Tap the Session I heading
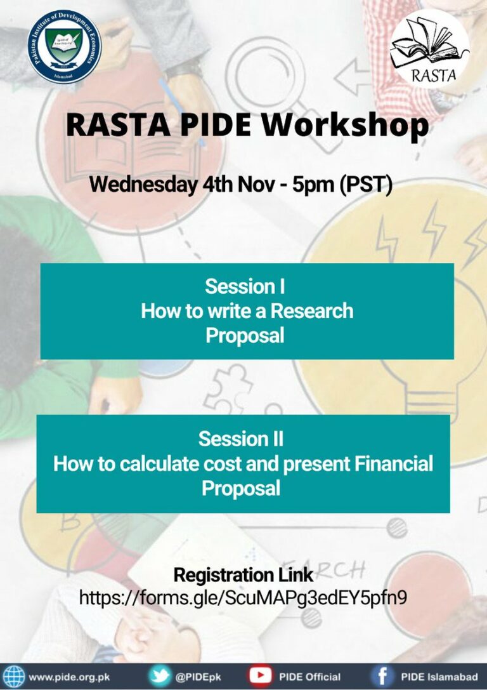coord(245,286)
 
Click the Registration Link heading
coord(243,575)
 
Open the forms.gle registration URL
coord(243,597)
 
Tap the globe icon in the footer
coord(14,676)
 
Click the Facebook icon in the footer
coord(383,676)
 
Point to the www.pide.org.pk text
coord(70,677)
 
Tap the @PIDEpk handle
coord(198,677)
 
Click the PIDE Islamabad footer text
coord(439,677)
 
